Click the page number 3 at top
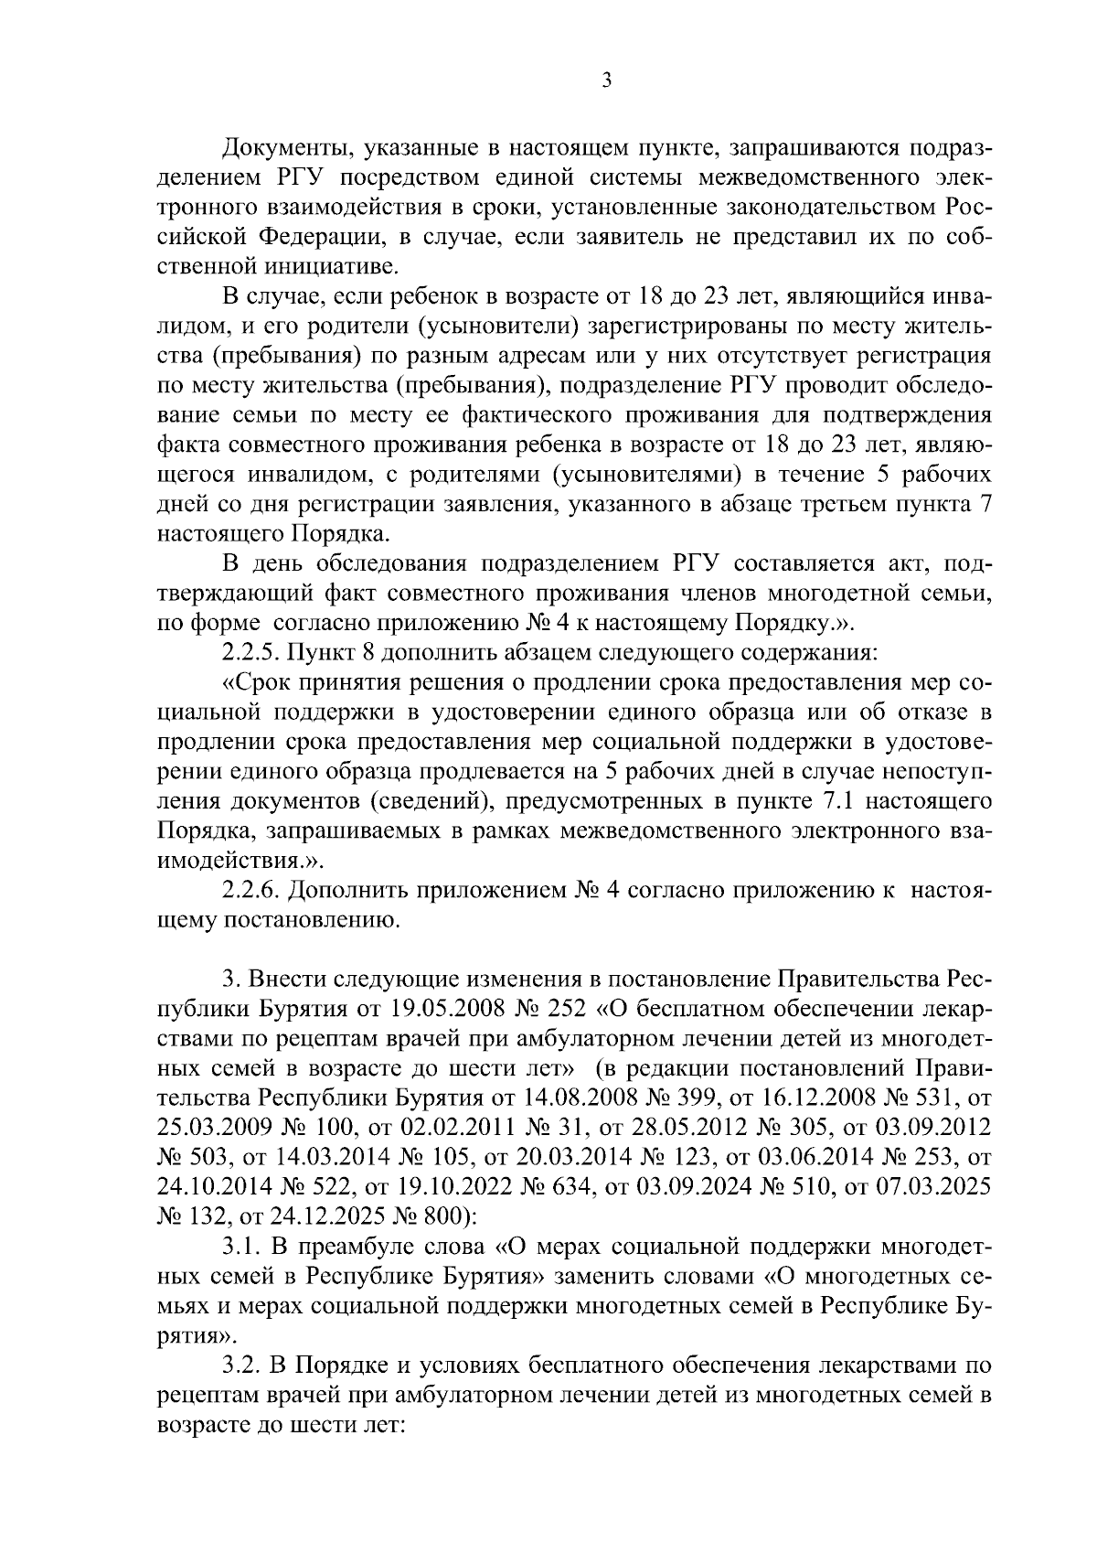pyautogui.click(x=606, y=80)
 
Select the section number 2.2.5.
pyautogui.click(x=250, y=654)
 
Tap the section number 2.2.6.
pyautogui.click(x=250, y=891)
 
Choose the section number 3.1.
pyautogui.click(x=241, y=1246)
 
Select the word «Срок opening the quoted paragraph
pyautogui.click(x=254, y=683)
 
